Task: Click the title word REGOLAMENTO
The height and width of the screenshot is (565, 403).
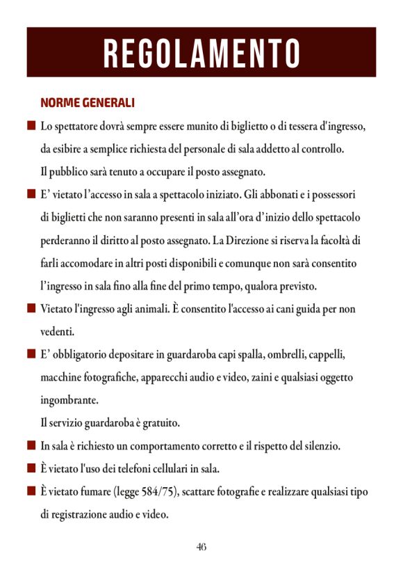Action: tap(201, 53)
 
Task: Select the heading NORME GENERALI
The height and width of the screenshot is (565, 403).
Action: tap(88, 103)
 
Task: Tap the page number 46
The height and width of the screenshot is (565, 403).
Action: tap(201, 546)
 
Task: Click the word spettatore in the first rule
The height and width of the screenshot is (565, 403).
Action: tap(79, 127)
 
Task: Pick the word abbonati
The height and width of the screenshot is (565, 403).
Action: tap(297, 194)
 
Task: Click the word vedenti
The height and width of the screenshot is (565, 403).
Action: tap(57, 331)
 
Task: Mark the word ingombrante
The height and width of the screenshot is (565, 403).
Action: tap(69, 400)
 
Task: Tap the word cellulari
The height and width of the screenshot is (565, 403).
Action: tap(167, 468)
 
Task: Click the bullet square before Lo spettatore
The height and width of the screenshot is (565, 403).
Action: tap(31, 127)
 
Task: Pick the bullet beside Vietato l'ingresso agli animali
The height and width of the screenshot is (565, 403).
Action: tap(31, 308)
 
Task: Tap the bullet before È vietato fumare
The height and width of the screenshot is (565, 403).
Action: tap(31, 491)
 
